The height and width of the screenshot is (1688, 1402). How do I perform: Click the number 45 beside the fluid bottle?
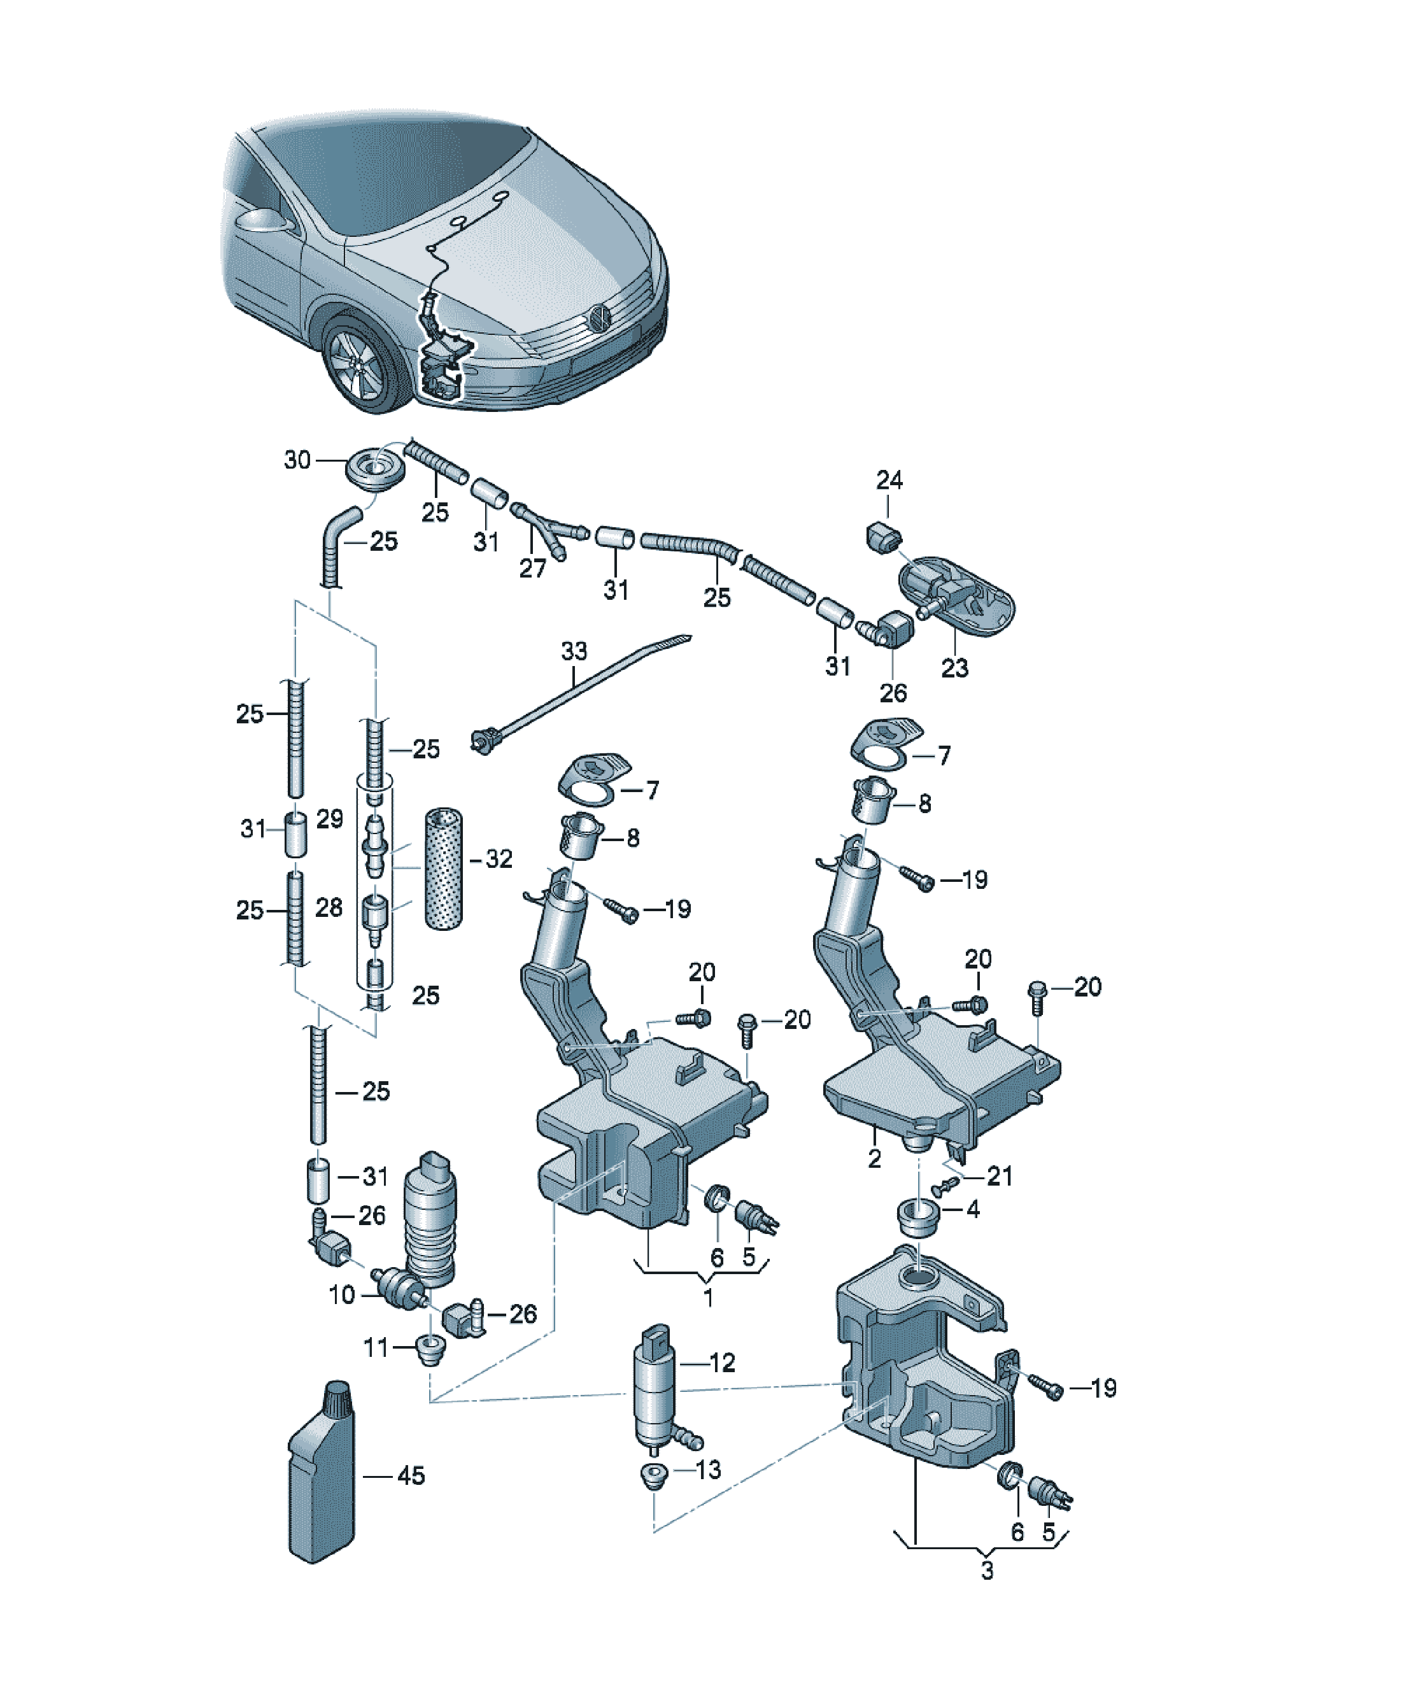tap(411, 1476)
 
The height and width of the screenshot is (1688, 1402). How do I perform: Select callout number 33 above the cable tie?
tap(574, 651)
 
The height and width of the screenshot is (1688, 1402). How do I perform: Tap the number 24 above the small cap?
tap(889, 480)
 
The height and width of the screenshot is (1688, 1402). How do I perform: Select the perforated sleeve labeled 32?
tap(443, 869)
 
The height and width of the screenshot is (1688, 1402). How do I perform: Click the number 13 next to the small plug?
tap(708, 1470)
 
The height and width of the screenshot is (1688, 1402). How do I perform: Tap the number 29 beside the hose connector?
tap(330, 818)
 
